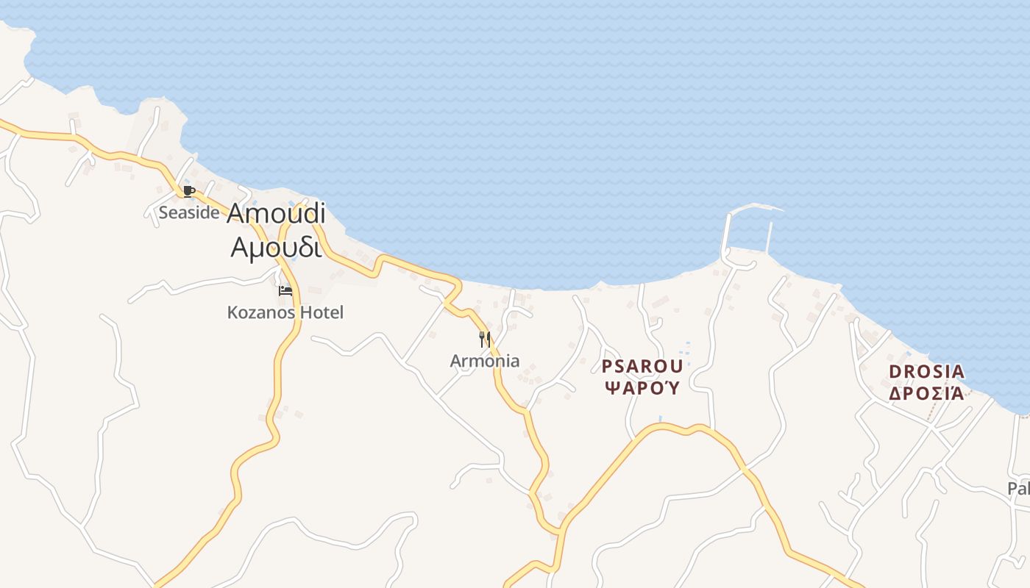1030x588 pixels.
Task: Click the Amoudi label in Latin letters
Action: (x=276, y=213)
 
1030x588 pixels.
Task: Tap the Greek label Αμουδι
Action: (x=276, y=248)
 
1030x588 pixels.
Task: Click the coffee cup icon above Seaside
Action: (x=188, y=192)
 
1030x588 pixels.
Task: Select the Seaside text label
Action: (x=189, y=213)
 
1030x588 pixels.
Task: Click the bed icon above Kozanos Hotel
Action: (x=285, y=291)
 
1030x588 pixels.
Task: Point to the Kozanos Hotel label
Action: (x=285, y=312)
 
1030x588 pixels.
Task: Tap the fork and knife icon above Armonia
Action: (x=485, y=339)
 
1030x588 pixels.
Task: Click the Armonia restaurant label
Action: (x=485, y=361)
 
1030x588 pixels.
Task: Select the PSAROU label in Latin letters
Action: (x=642, y=366)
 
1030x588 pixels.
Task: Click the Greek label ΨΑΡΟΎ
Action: (x=642, y=388)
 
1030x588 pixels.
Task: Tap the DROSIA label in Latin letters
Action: (x=926, y=372)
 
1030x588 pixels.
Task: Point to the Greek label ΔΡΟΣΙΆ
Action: (x=926, y=393)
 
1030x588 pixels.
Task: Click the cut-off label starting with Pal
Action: (x=1019, y=489)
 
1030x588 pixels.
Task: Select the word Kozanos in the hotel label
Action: (x=259, y=312)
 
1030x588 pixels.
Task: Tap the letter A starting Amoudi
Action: (x=236, y=213)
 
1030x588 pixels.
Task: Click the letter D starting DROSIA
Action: (x=895, y=372)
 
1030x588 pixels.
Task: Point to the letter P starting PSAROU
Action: (x=608, y=366)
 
